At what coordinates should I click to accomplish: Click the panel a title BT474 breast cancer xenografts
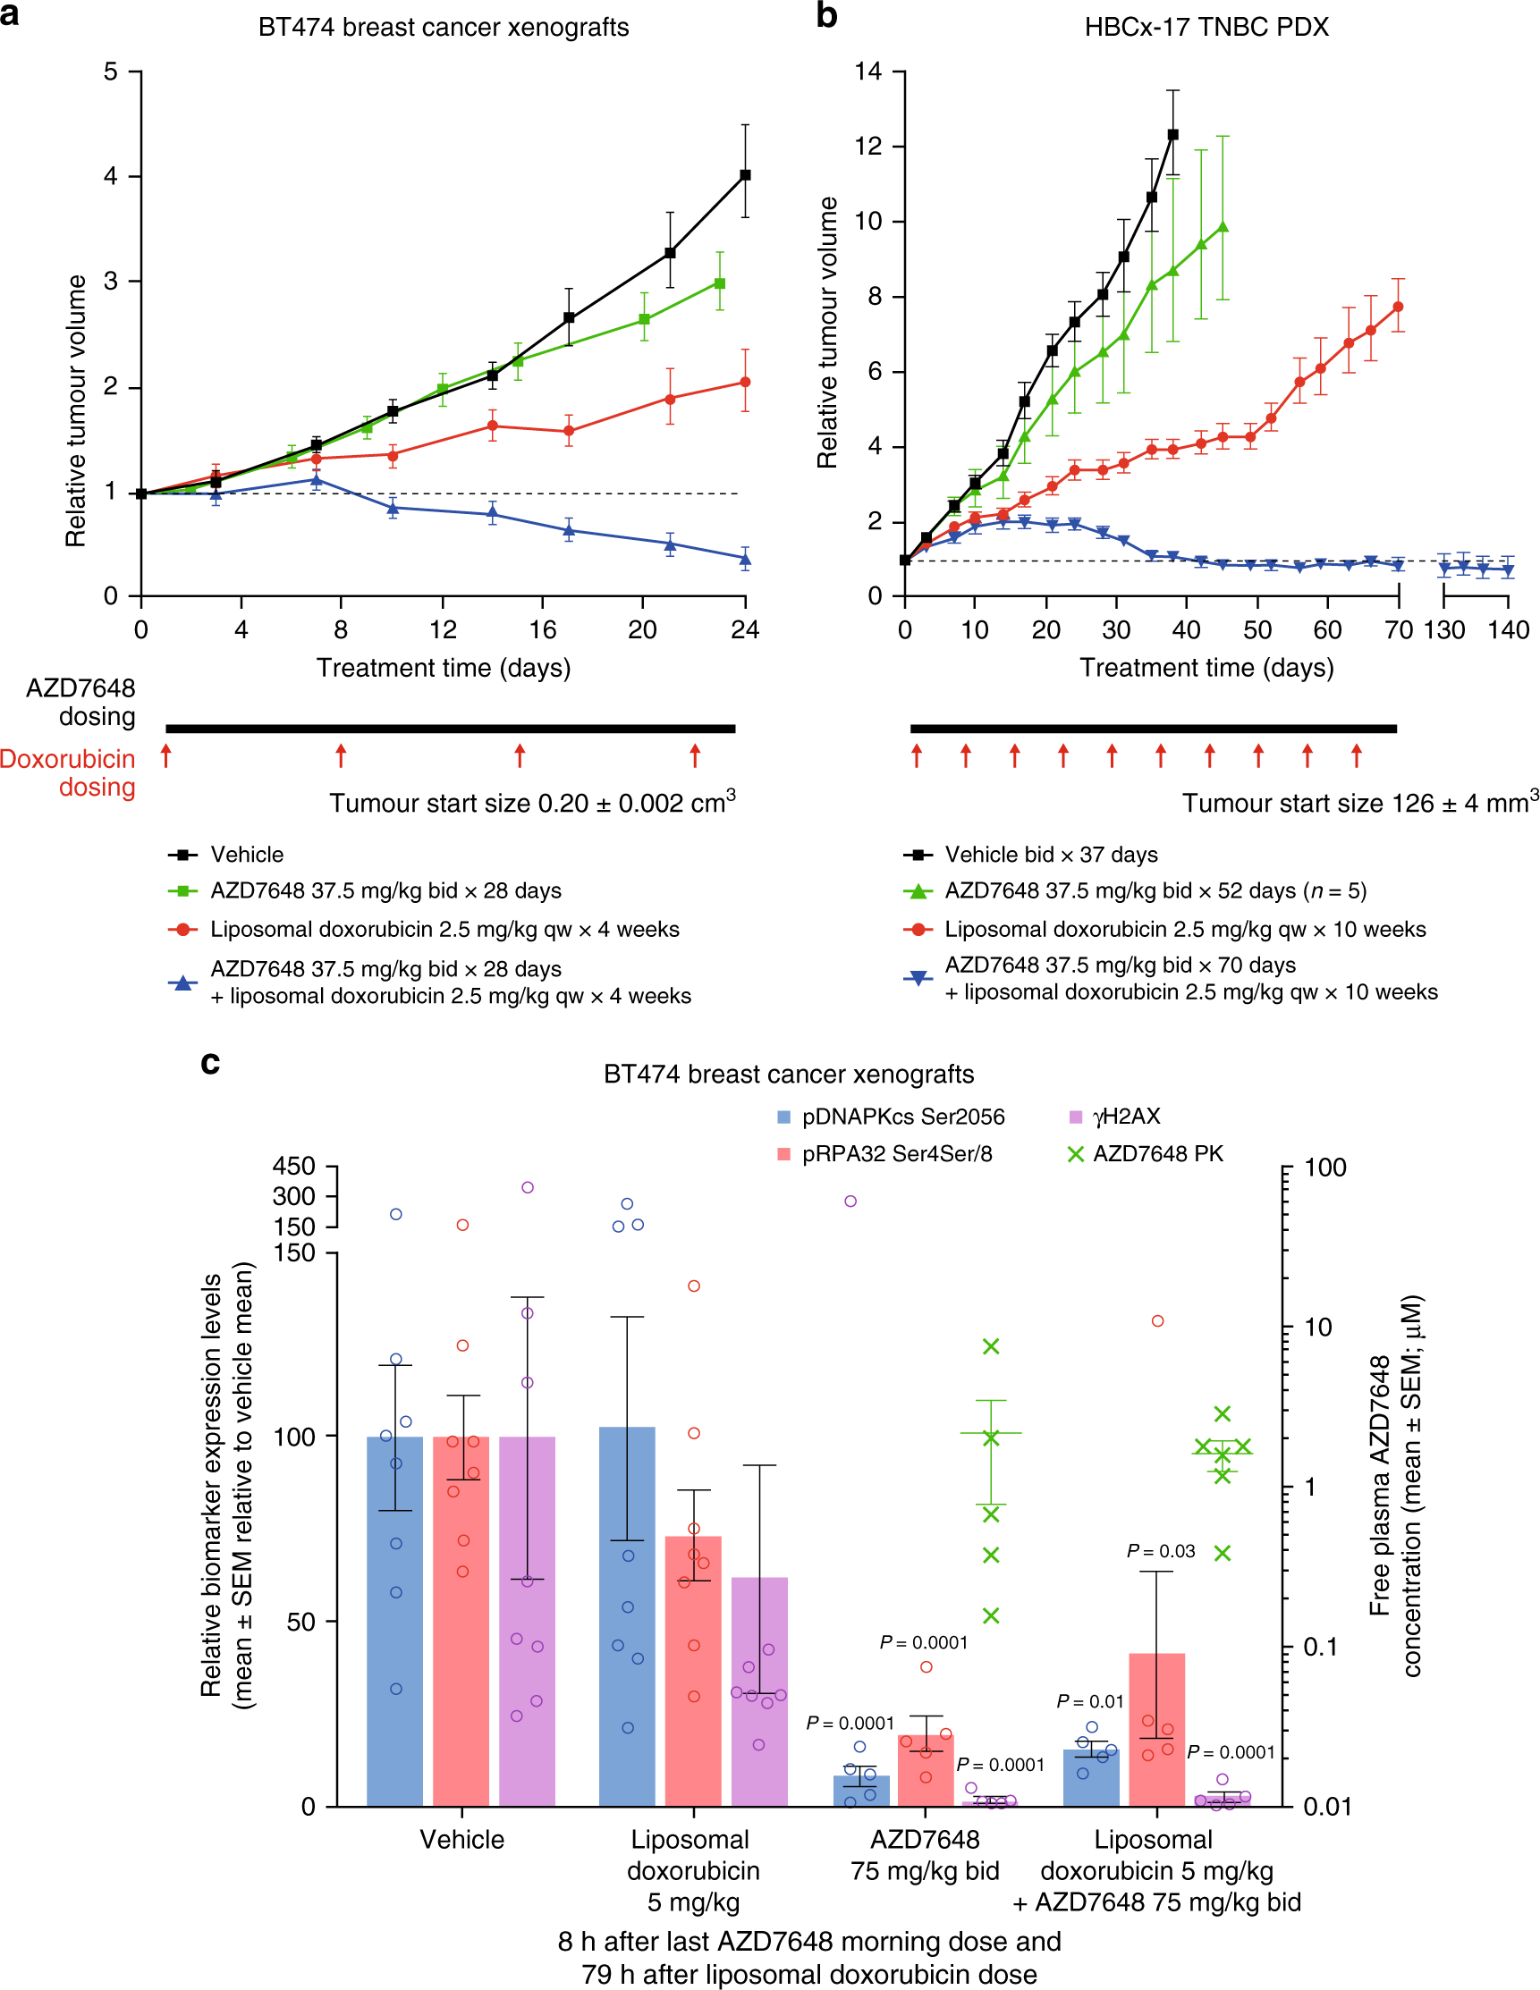click(443, 28)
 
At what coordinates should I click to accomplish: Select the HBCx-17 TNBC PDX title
click(1206, 28)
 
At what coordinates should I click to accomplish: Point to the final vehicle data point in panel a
click(744, 175)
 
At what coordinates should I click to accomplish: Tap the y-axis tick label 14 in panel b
click(867, 72)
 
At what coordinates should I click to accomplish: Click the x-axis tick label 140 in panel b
click(1508, 629)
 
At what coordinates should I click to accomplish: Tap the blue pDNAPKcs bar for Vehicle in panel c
click(394, 1622)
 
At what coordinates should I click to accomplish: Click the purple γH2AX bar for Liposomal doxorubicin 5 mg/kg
click(759, 1695)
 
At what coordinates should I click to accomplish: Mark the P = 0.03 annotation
click(1160, 1551)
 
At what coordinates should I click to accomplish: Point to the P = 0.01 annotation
click(1090, 1701)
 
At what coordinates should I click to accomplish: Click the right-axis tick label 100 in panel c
click(1325, 1168)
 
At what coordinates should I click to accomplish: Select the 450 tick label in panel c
click(293, 1167)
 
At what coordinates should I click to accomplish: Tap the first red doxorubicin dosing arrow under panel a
click(165, 755)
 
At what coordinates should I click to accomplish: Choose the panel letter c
click(210, 1062)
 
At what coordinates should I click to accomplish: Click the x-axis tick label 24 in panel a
click(744, 629)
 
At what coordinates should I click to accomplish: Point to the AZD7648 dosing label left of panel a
click(80, 702)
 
